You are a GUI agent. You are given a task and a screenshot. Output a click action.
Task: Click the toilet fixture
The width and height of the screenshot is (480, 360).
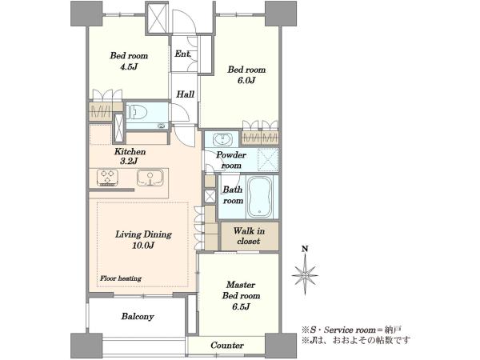pos(137,113)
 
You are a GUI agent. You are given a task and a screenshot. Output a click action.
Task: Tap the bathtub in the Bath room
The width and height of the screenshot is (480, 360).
pos(260,197)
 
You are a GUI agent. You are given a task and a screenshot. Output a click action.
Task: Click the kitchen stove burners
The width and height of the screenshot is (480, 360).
pos(107,178)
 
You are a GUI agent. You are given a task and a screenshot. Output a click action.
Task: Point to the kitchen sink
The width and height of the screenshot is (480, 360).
pos(150,178)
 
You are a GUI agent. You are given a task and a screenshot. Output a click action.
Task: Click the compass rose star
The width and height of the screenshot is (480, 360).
pos(305,275)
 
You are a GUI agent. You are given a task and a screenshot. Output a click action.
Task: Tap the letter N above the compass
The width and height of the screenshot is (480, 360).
pos(305,249)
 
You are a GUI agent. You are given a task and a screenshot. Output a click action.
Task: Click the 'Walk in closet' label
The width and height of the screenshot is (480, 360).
pos(249,236)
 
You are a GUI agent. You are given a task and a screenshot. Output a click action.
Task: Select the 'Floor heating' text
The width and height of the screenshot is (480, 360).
pos(121,278)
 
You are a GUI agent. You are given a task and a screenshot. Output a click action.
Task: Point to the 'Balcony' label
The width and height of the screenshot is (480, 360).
pos(138,316)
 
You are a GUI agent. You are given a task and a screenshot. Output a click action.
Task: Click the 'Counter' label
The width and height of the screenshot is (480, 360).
pos(227,346)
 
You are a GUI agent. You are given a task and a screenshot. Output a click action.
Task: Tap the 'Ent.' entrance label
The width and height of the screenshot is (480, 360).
pos(182,54)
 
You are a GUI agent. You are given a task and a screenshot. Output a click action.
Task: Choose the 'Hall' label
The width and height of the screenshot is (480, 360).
pos(185,94)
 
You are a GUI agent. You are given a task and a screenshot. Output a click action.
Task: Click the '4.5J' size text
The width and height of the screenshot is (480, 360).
pos(129,66)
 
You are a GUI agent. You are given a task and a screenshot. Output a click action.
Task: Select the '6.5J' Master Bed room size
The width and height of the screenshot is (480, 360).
pos(242,306)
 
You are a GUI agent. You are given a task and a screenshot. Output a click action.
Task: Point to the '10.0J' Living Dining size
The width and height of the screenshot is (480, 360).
pos(143,246)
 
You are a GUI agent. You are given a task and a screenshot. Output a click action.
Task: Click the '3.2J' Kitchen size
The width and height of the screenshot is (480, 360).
pos(129,161)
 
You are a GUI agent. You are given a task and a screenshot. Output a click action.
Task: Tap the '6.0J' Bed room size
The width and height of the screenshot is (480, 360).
pos(246,81)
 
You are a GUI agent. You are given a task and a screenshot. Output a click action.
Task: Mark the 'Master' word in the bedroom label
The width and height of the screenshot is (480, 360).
pos(241,285)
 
